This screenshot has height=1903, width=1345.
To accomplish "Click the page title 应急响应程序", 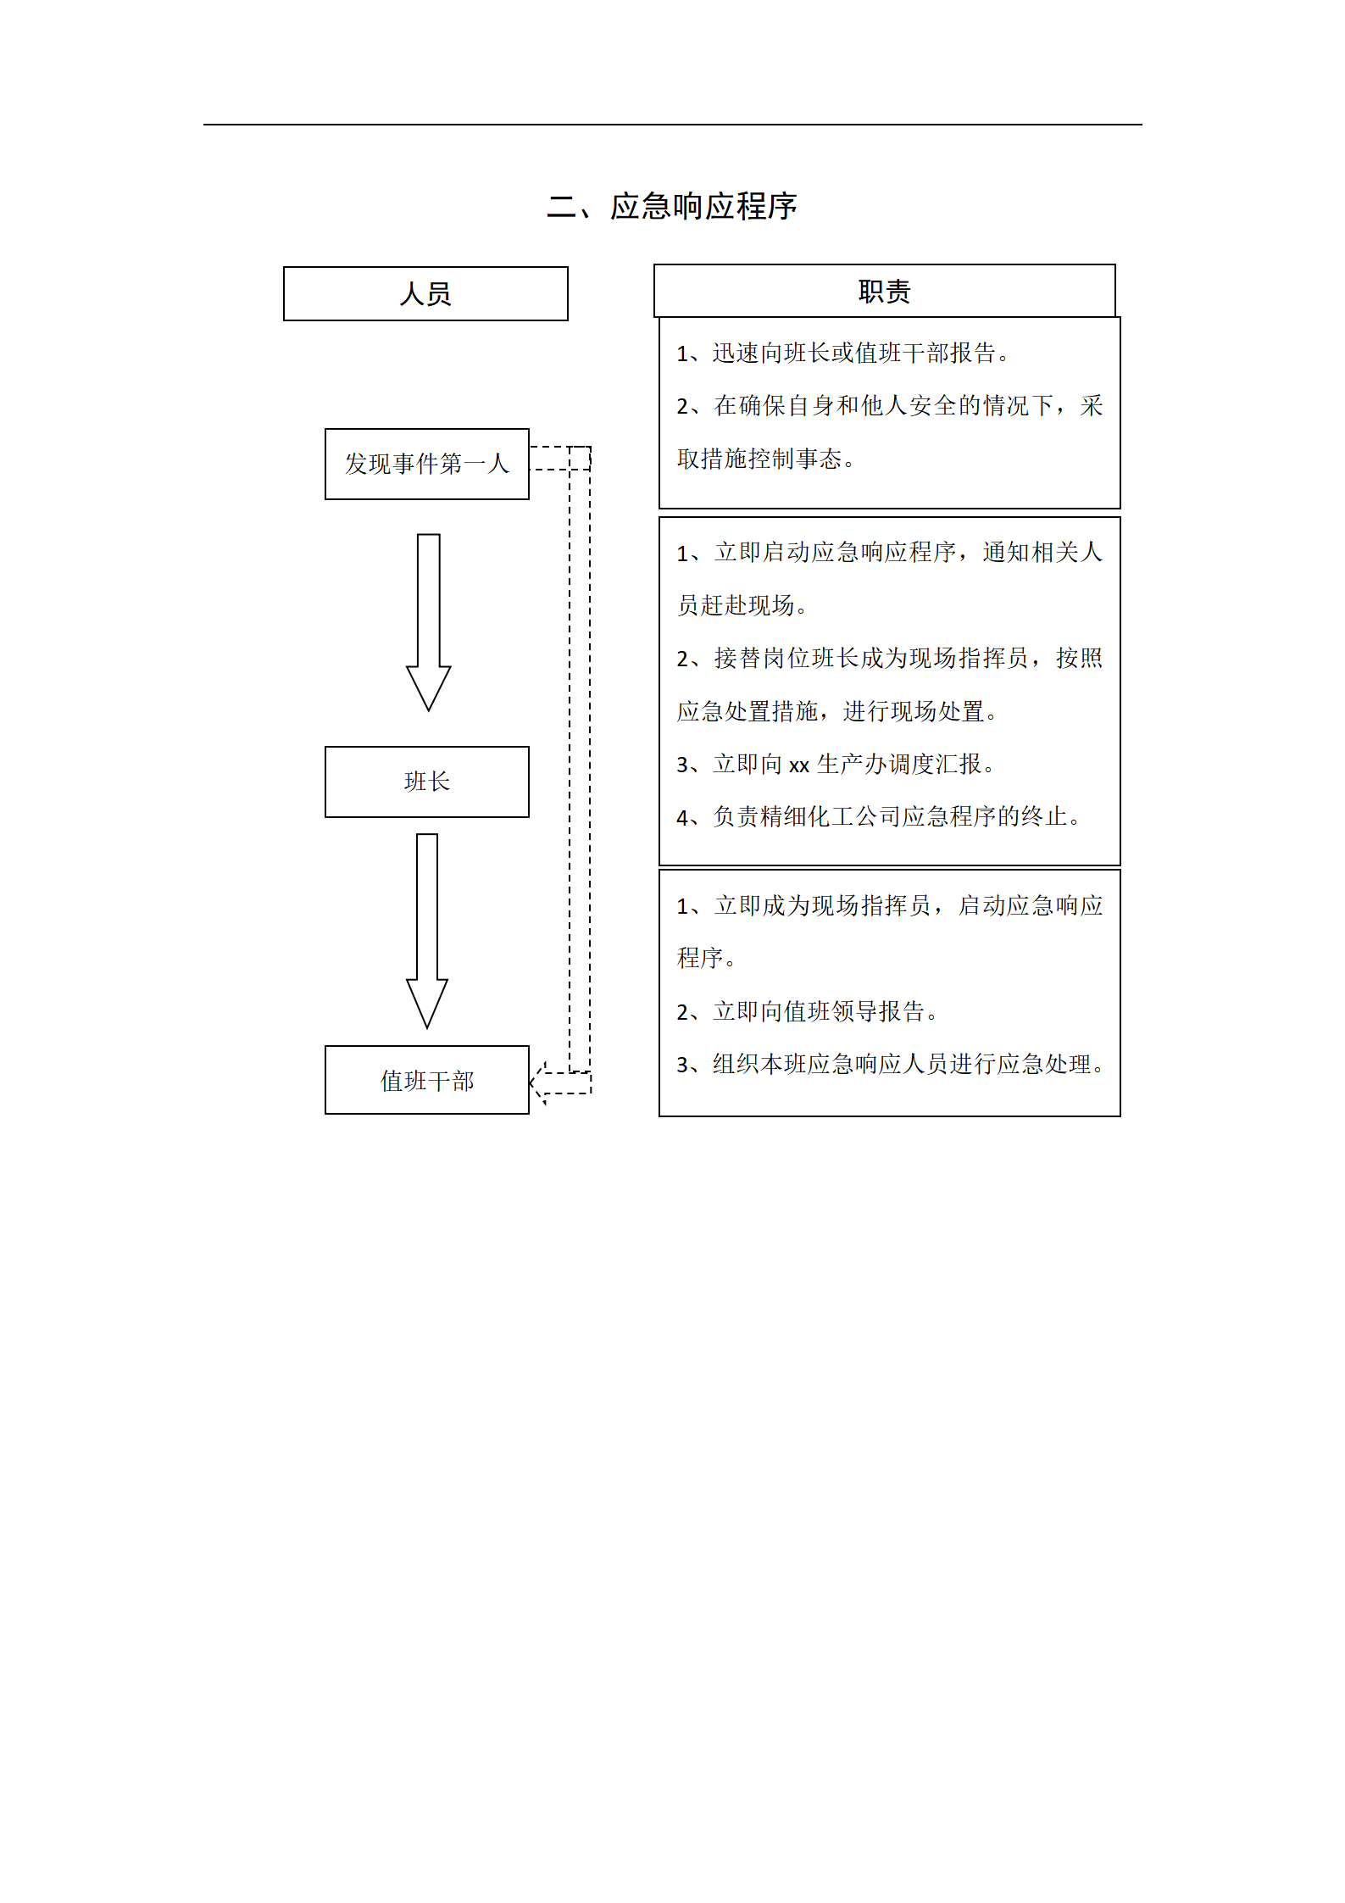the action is (x=703, y=206).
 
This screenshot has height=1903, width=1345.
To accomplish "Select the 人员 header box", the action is (x=425, y=293).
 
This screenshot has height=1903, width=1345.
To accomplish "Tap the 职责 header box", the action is (x=884, y=291).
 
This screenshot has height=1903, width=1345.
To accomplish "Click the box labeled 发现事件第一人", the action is (x=427, y=464).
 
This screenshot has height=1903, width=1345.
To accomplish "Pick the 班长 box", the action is (x=427, y=782).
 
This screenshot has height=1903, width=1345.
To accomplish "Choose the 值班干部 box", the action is (x=427, y=1080).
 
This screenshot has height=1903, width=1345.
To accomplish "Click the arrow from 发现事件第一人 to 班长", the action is (x=428, y=622).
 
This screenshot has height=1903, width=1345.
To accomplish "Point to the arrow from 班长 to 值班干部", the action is (x=427, y=931).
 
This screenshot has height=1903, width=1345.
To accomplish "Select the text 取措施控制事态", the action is (x=766, y=459).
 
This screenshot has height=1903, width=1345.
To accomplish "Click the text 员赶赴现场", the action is (x=742, y=605).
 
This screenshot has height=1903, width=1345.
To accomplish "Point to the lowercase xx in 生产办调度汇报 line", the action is (x=799, y=765).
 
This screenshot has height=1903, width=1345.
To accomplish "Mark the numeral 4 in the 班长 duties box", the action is (x=683, y=818).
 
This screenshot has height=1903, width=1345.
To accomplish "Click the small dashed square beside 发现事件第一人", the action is (x=580, y=458).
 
